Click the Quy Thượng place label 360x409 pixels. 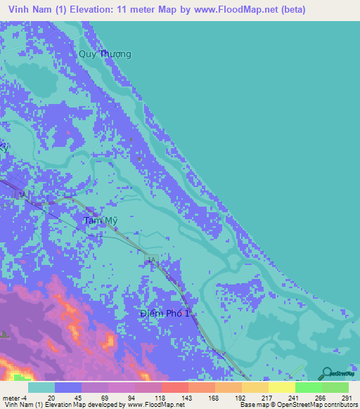(x=105, y=54)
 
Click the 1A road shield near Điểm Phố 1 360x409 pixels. (x=150, y=261)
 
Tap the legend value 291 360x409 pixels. (x=345, y=397)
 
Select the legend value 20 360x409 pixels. (x=51, y=397)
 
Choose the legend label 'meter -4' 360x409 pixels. (x=13, y=397)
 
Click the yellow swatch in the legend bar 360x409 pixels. (x=281, y=387)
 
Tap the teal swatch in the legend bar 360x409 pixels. (x=41, y=387)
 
